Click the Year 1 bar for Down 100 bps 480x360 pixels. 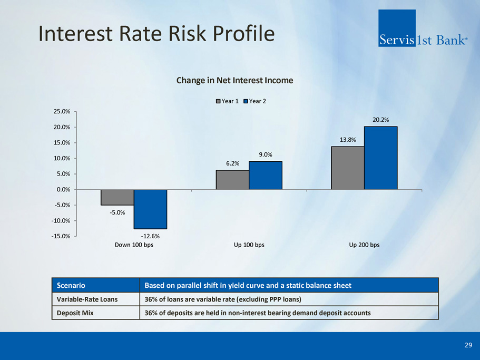[117, 197]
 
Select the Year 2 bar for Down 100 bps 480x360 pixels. [150, 209]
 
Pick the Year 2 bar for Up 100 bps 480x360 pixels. [266, 176]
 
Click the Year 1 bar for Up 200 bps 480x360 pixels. [348, 168]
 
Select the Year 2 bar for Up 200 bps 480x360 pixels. [380, 158]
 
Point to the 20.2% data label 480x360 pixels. [381, 120]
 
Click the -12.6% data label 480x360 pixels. [151, 236]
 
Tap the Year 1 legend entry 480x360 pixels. [227, 101]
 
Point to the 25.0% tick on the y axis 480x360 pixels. [62, 112]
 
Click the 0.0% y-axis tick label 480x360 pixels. [64, 189]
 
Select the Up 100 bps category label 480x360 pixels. [249, 245]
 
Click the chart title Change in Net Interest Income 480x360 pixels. [234, 81]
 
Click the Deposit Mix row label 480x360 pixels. [73, 313]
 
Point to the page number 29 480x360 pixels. [468, 345]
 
